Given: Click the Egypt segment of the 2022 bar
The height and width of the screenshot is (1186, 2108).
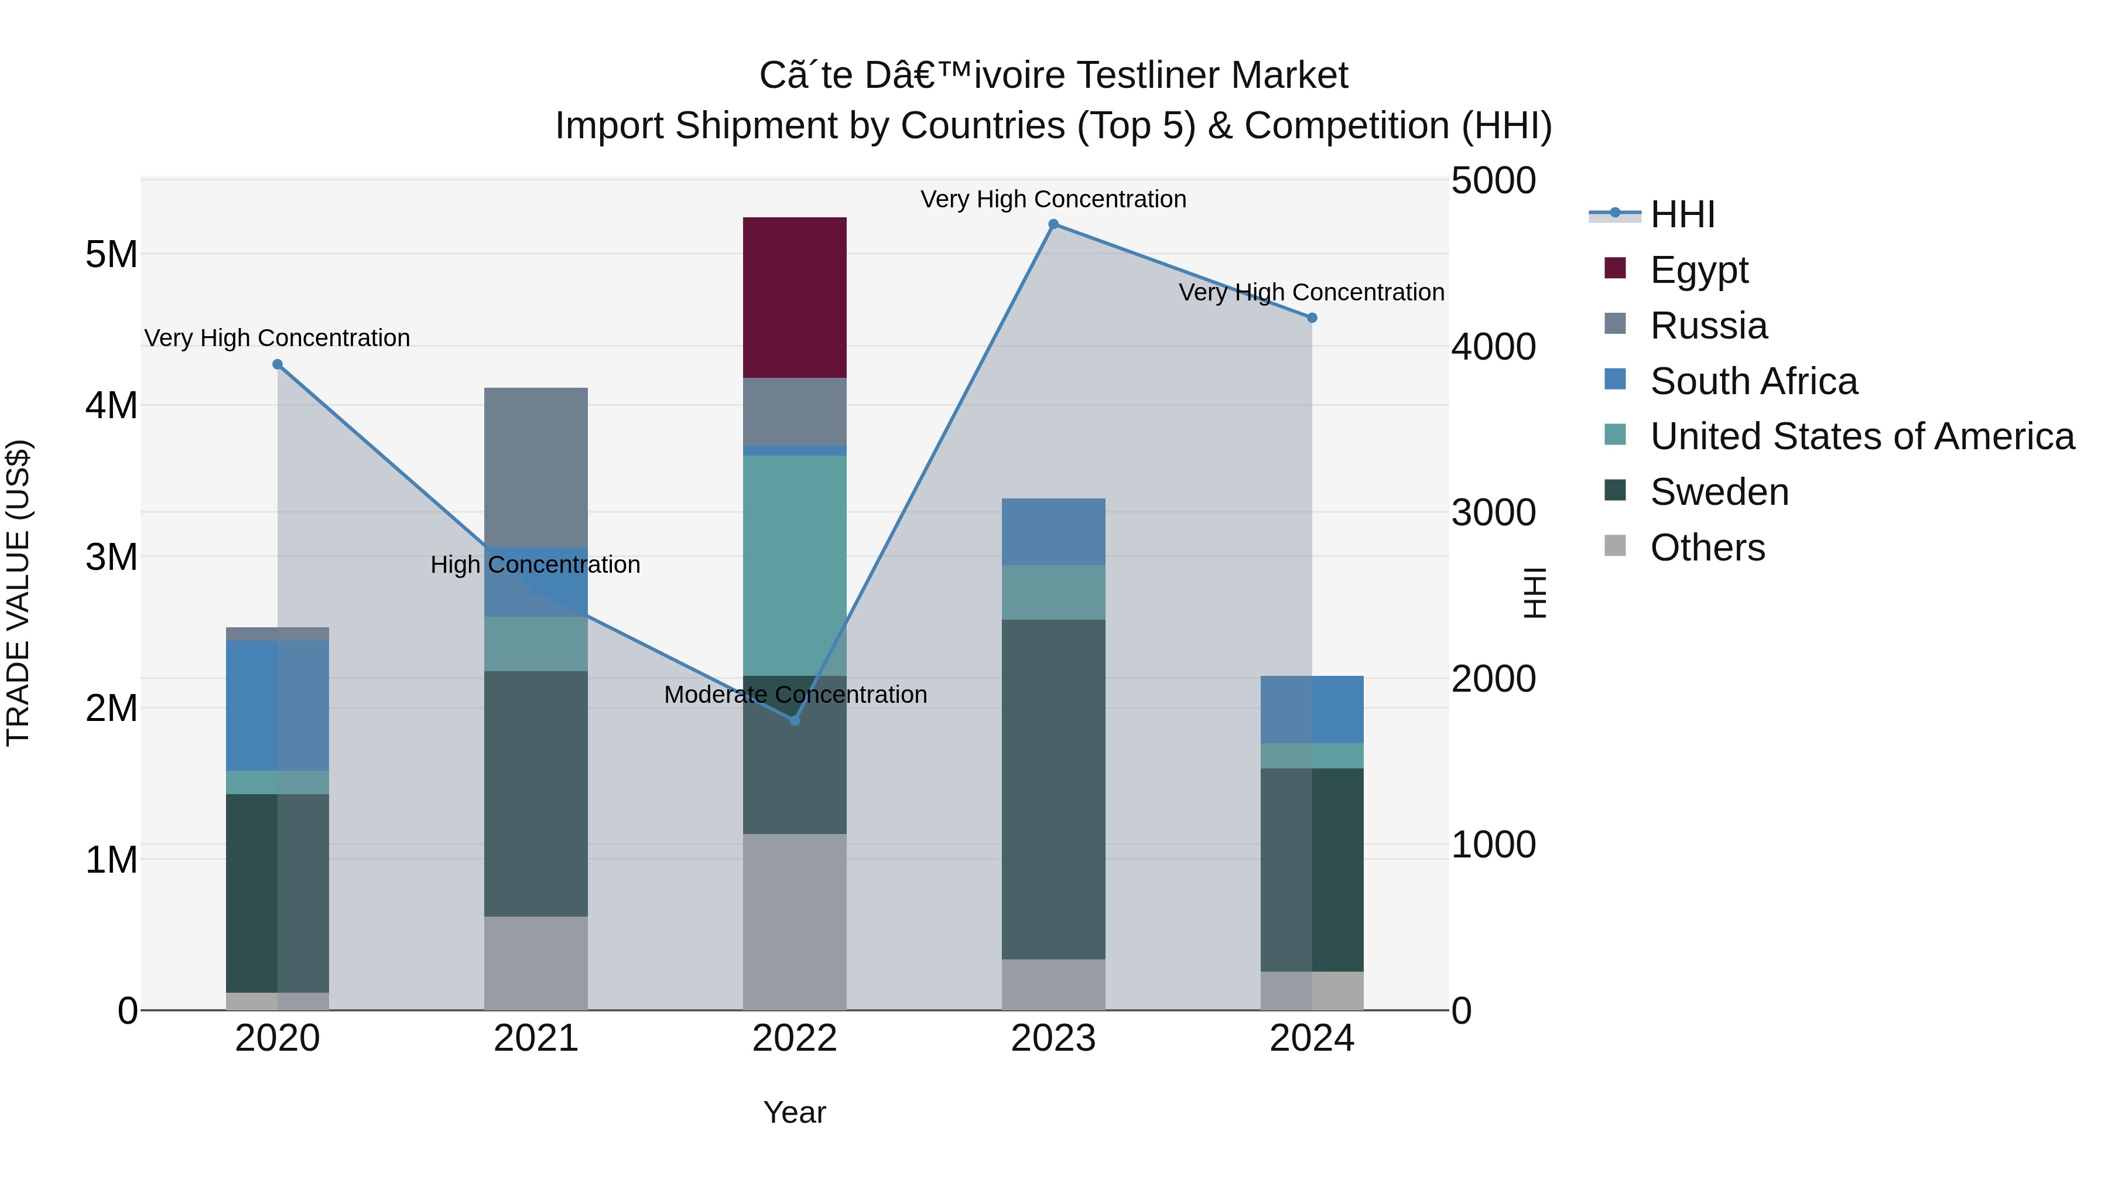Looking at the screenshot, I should [x=794, y=297].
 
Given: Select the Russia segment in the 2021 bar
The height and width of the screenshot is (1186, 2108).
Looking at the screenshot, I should [x=535, y=467].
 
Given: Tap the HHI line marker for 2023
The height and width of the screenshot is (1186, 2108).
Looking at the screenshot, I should [x=1053, y=224].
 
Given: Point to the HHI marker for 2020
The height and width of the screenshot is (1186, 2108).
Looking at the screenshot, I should [x=278, y=364].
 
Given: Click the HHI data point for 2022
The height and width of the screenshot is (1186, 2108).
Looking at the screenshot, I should [x=794, y=720].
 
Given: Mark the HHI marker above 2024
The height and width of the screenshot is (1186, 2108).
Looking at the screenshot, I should [x=1312, y=317].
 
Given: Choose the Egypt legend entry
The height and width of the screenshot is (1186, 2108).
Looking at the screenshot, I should [x=1699, y=270].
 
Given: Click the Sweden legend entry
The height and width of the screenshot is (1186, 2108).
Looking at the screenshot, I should [x=1719, y=492].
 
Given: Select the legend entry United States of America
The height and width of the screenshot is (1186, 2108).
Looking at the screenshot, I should [x=1861, y=436].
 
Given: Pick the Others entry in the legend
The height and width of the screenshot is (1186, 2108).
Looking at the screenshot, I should [x=1707, y=548].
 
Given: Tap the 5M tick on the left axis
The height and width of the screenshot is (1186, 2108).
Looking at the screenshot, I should [x=111, y=255].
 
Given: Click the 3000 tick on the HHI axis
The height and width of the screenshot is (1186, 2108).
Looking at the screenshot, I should [x=1493, y=513].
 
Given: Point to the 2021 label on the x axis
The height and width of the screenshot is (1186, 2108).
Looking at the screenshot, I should [x=535, y=1038].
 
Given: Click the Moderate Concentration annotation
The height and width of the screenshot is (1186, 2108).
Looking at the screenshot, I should [x=795, y=694].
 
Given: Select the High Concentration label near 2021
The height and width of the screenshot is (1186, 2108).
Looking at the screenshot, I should [x=535, y=565].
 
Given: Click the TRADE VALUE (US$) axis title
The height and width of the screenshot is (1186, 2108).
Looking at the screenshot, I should [x=18, y=593].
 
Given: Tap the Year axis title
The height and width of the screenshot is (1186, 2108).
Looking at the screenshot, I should [x=794, y=1112].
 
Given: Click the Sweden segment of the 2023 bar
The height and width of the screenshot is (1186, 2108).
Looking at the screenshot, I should [x=1053, y=789].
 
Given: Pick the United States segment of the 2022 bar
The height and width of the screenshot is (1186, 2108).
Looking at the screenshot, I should [x=794, y=565].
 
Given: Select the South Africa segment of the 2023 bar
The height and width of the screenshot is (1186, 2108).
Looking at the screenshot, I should [x=1053, y=531].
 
